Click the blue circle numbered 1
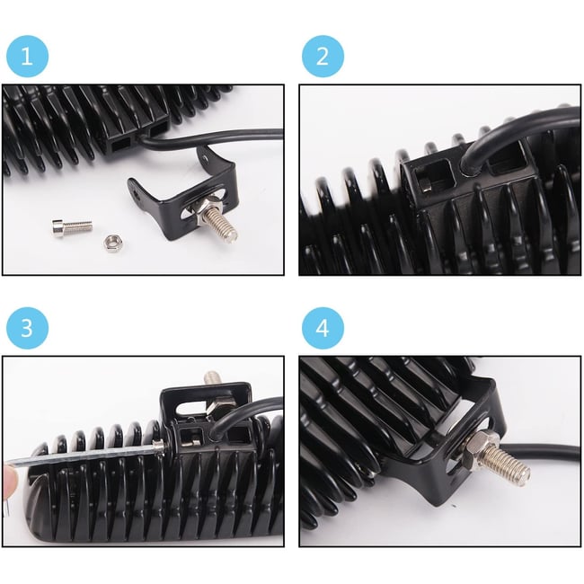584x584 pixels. coord(27,57)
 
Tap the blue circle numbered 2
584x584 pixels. coord(323,57)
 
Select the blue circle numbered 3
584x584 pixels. coord(27,328)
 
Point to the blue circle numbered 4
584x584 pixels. coord(323,328)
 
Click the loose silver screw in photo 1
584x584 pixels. coord(72,226)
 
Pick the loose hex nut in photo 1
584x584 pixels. coord(111,243)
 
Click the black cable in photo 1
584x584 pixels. coord(208,140)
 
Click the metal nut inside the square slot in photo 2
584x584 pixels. coord(426,183)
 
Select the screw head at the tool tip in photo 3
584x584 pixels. coord(158,446)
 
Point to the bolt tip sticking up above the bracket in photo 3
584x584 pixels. coord(211,377)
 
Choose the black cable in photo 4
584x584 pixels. coord(536,453)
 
